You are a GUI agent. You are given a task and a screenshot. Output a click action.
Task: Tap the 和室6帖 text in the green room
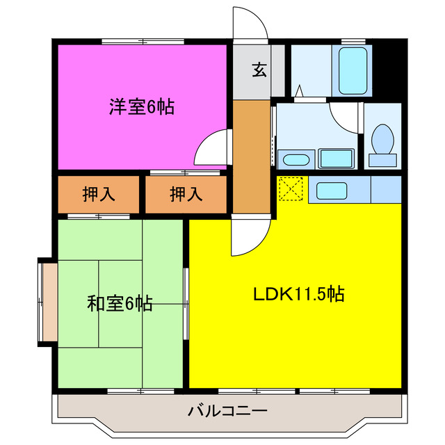coord(120,304)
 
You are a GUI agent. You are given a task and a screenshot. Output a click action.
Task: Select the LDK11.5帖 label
coord(298,293)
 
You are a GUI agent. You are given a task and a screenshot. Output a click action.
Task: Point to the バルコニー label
coord(227,411)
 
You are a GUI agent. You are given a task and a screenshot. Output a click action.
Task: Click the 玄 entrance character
coord(259,70)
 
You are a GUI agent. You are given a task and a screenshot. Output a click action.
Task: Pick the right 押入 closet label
coord(186,195)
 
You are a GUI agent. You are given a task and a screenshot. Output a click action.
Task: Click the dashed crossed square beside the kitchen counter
coord(291,188)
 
